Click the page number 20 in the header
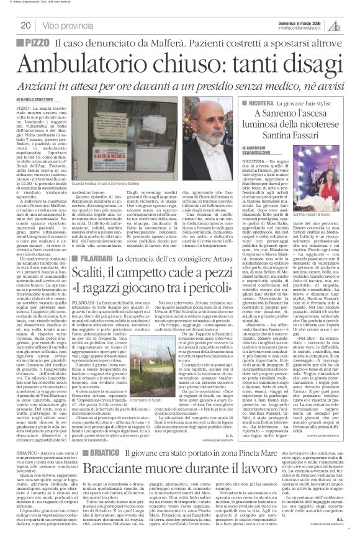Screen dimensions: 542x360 point(25,25)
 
